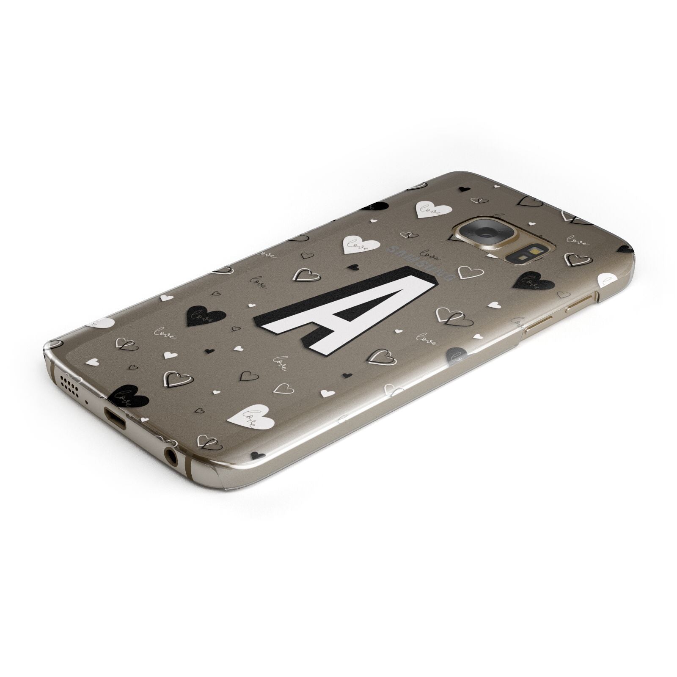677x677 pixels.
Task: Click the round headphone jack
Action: (171, 456)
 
